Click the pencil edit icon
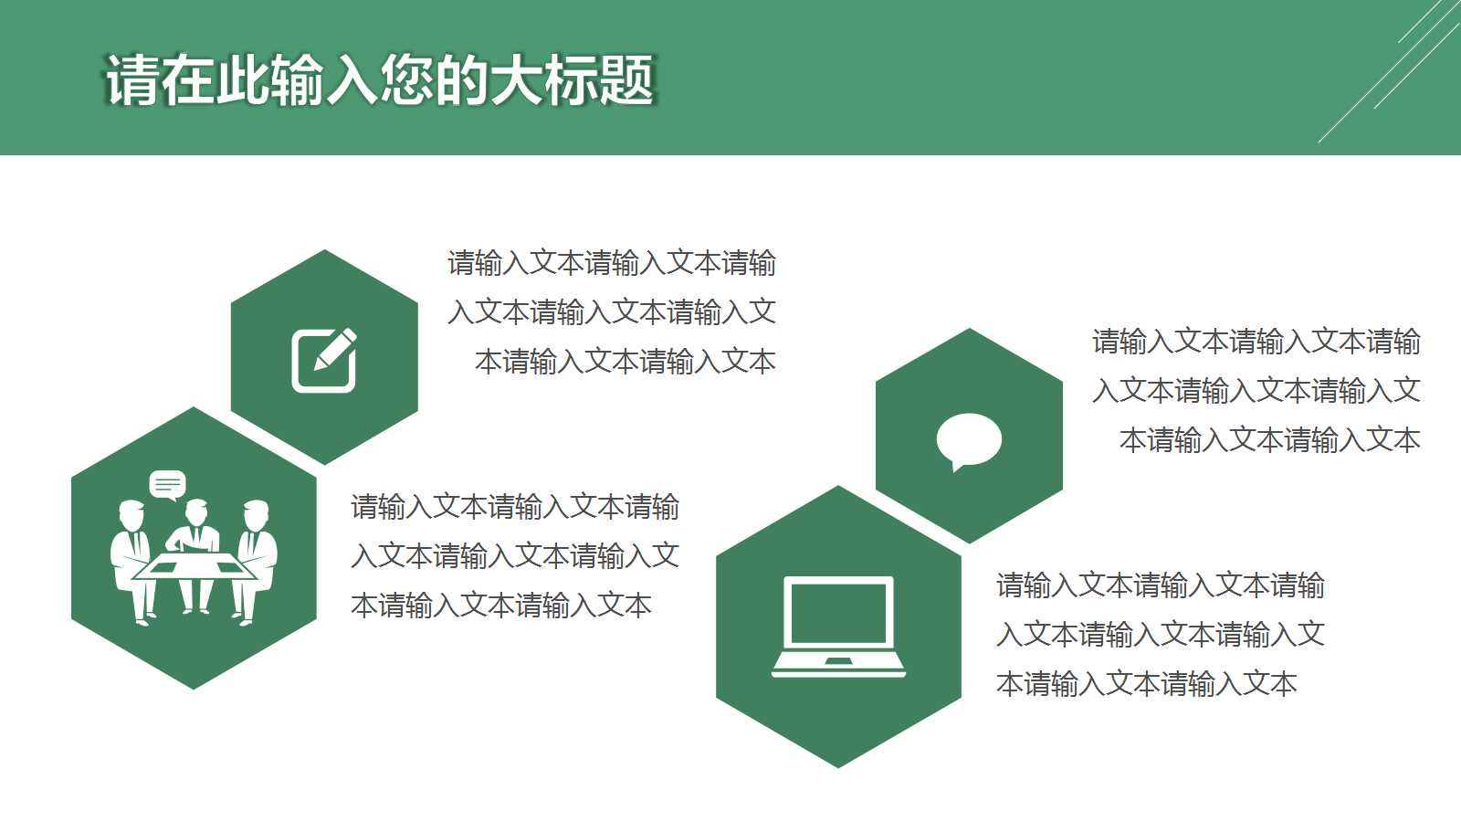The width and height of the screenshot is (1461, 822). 324,360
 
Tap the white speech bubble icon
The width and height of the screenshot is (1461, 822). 969,440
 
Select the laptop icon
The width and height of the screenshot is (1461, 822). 838,627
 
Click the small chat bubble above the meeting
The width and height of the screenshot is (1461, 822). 167,484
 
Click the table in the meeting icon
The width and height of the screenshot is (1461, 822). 194,567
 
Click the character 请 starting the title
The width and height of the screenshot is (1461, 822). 132,81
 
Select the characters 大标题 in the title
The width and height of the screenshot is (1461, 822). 573,81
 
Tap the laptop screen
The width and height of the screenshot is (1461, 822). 838,612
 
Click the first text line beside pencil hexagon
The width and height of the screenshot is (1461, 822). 612,264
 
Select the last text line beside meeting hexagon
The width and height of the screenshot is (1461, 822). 501,606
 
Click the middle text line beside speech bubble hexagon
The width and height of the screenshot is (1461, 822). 1256,391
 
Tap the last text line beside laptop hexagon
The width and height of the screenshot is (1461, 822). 1147,684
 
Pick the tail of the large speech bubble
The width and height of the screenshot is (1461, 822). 957,467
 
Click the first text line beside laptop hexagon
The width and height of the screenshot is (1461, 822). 1161,585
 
